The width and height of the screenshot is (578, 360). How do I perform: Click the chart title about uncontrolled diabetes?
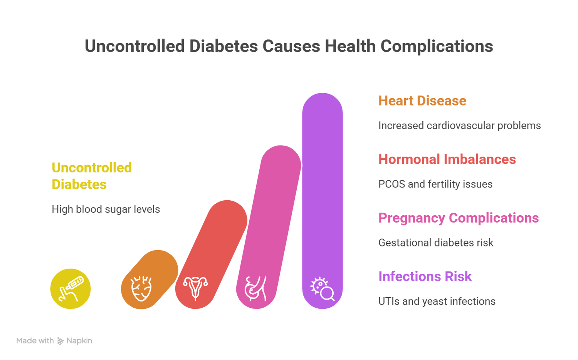pos(289,46)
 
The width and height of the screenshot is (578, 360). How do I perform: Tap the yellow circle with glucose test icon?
pos(71,289)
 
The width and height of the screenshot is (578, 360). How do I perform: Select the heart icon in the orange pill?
pos(141,288)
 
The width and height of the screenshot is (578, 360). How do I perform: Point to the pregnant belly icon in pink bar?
pos(256,288)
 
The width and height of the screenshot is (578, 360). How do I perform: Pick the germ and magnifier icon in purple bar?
pos(323,288)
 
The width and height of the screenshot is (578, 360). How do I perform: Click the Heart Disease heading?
pos(422,101)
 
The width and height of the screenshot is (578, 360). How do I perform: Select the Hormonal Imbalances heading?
pos(447,159)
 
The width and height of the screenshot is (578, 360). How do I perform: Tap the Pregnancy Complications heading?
pos(458,218)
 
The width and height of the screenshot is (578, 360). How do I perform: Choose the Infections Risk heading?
pos(425,276)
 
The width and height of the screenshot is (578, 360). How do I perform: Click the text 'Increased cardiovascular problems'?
pos(459,126)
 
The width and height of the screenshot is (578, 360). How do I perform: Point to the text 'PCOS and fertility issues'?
pos(435,184)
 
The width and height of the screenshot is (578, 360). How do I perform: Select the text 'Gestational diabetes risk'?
pos(435,243)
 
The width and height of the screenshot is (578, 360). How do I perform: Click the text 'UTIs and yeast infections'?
pos(437,301)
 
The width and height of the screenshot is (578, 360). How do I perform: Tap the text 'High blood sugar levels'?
pos(106,209)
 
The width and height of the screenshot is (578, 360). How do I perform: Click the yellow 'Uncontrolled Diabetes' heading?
pos(92,176)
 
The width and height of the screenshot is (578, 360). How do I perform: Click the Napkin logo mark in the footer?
pos(60,341)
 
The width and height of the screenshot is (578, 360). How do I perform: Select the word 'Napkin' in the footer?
pos(79,341)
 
